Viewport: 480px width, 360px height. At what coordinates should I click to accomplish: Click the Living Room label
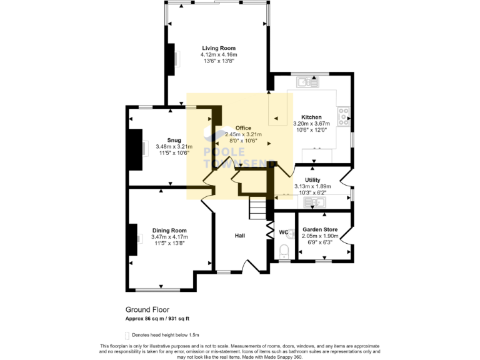(219, 47)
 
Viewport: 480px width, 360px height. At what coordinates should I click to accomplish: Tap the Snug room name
(174, 140)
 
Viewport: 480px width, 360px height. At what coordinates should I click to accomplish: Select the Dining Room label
(169, 231)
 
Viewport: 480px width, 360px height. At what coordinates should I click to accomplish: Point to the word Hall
(239, 236)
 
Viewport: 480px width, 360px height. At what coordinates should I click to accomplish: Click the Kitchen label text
(311, 117)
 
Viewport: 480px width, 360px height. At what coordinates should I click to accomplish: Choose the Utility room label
(312, 179)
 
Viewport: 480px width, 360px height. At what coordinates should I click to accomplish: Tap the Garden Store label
(319, 229)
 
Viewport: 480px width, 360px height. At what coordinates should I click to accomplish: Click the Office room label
(243, 127)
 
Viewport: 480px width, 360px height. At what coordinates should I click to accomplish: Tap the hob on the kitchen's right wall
(343, 116)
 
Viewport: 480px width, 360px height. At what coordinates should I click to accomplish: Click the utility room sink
(312, 202)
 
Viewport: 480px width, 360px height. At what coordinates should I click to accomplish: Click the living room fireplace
(171, 59)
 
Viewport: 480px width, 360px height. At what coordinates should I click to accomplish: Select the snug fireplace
(134, 149)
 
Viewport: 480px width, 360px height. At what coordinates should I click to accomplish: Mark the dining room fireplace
(133, 239)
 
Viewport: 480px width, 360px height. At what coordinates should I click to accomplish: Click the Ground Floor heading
(147, 309)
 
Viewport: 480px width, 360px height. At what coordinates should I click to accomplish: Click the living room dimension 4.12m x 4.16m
(219, 55)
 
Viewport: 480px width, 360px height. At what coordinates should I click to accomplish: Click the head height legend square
(128, 335)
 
